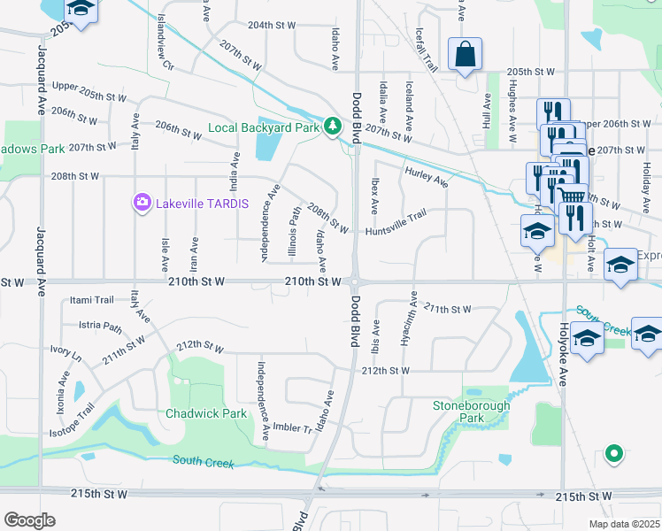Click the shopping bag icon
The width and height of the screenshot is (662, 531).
[464, 54]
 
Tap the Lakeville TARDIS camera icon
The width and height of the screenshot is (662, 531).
[142, 204]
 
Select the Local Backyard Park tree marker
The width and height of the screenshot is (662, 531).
[332, 127]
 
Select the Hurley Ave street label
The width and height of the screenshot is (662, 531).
[427, 177]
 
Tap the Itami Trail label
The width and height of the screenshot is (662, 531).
[93, 300]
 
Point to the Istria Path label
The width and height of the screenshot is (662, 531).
[100, 327]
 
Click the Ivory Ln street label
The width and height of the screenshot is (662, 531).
[65, 354]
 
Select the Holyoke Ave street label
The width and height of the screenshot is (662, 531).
[566, 329]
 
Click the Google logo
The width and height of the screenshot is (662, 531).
[29, 520]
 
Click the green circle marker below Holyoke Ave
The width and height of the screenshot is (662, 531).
[613, 455]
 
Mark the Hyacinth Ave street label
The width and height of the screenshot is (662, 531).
[409, 320]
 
